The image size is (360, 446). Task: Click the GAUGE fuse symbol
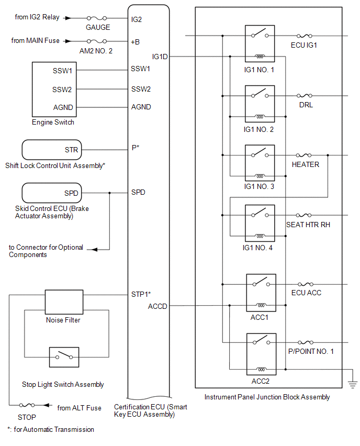tap(97, 18)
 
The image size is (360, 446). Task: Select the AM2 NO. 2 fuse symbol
tap(97, 40)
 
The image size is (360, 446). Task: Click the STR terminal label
tap(72, 150)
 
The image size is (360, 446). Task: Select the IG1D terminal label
tap(160, 56)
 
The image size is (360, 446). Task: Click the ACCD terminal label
tap(157, 306)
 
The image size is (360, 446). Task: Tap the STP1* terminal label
tap(141, 295)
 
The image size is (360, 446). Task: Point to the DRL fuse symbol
tap(304, 96)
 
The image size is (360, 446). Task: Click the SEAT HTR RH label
tap(308, 225)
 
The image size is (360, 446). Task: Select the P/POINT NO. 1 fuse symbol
tap(304, 343)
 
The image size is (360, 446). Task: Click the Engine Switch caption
tap(53, 122)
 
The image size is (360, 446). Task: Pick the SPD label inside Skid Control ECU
tap(71, 193)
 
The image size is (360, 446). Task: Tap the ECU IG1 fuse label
tap(304, 45)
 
